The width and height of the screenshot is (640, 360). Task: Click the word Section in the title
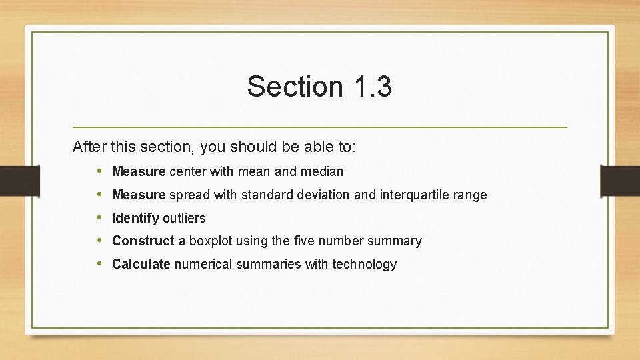point(294,87)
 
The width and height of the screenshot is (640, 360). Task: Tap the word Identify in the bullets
point(135,218)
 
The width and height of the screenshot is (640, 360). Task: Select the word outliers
point(184,218)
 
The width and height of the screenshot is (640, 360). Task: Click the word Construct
point(143,241)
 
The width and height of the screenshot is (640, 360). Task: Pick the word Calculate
point(141,264)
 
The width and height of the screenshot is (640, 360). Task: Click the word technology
point(364,264)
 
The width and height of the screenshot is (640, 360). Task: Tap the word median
point(322,171)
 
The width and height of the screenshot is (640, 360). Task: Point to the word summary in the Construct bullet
point(398,241)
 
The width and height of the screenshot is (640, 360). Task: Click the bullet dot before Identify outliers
point(99,218)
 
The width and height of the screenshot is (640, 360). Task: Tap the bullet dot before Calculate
point(99,264)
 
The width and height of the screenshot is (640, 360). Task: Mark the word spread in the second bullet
point(188,195)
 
